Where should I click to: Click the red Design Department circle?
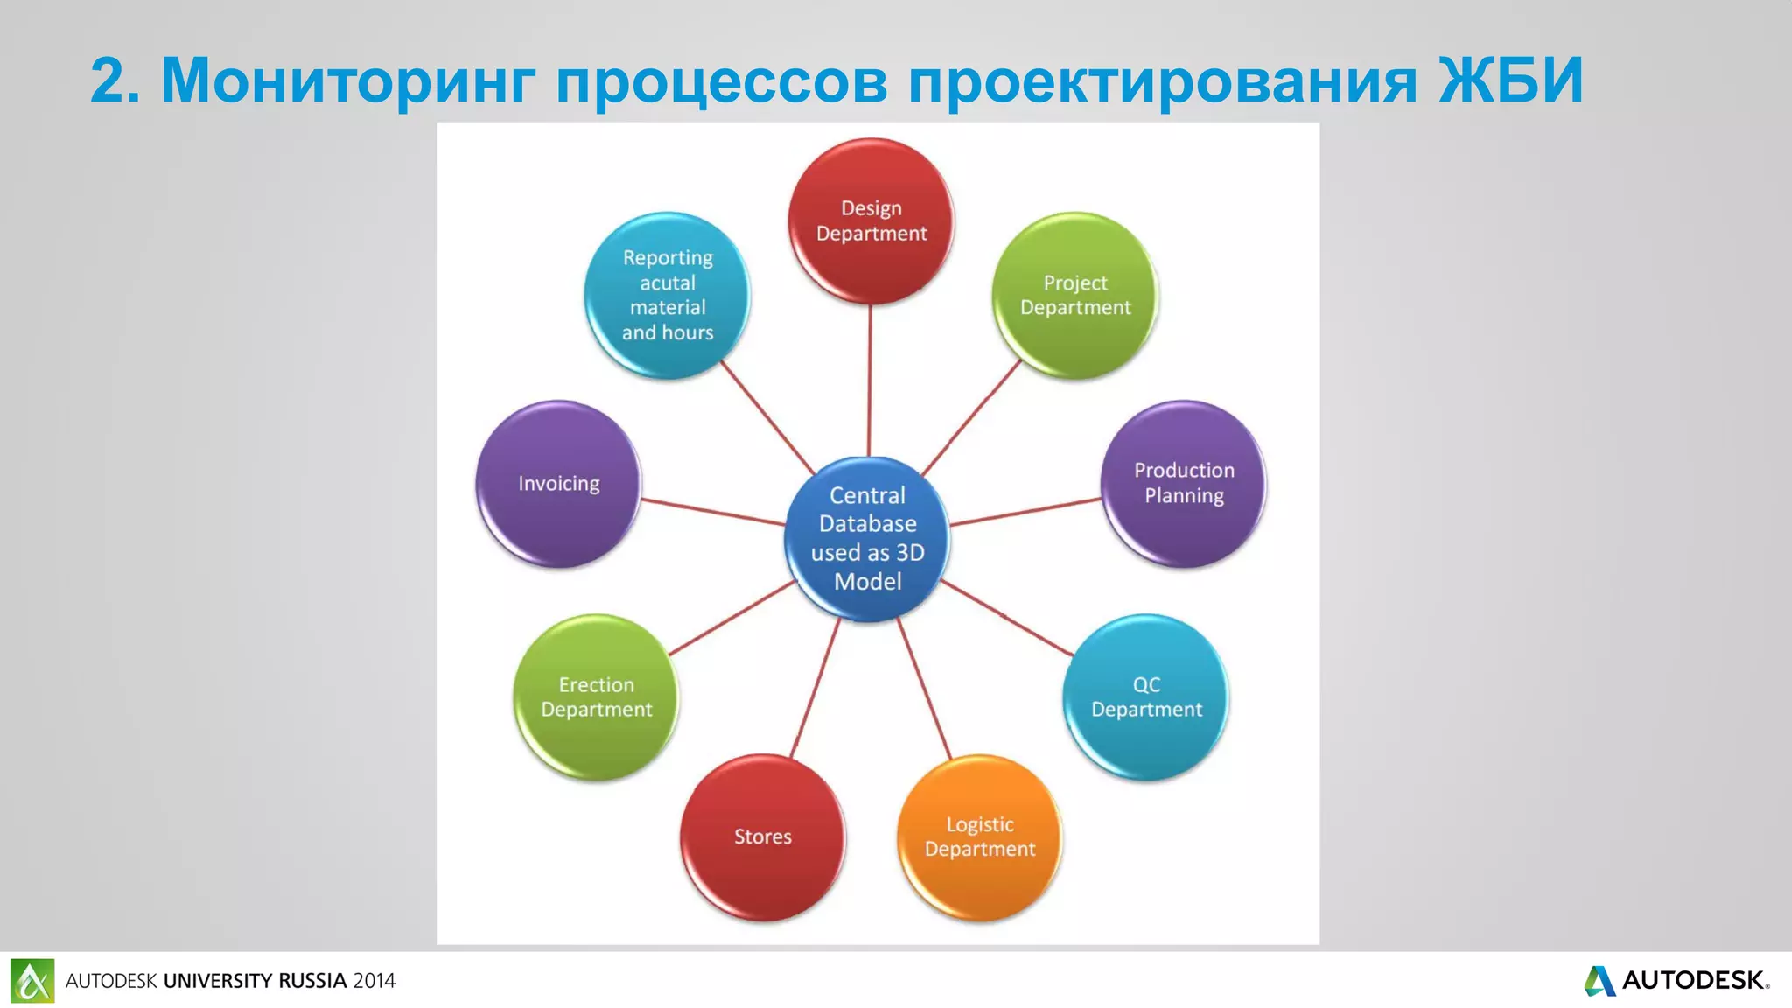click(871, 220)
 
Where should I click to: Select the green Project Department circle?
click(1075, 295)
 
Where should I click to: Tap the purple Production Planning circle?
click(1184, 483)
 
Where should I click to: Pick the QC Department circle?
click(1146, 696)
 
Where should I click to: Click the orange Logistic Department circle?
click(980, 836)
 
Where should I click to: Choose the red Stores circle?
click(762, 836)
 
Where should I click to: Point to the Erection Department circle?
click(596, 696)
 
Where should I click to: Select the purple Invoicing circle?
click(558, 483)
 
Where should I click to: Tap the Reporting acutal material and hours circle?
click(667, 295)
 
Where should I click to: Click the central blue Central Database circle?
click(867, 538)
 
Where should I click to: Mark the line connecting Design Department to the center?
click(870, 381)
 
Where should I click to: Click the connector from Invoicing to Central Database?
click(713, 511)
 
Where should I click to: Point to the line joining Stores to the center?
click(815, 688)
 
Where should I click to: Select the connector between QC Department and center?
click(1006, 618)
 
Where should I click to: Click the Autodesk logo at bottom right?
click(1676, 980)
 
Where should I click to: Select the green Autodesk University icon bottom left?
click(32, 980)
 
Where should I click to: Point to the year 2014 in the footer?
click(374, 981)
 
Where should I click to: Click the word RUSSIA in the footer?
click(312, 981)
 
